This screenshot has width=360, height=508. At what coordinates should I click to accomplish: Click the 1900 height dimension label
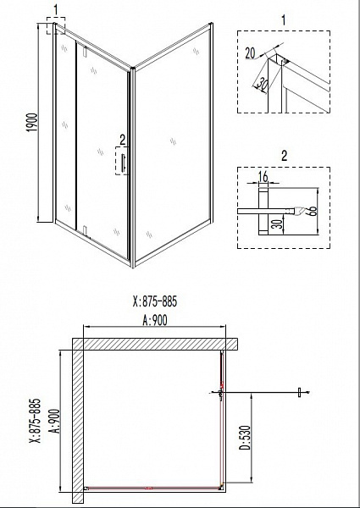[33, 123]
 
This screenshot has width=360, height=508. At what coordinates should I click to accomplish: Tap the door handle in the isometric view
[123, 163]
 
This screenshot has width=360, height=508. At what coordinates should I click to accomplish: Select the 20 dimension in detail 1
[250, 52]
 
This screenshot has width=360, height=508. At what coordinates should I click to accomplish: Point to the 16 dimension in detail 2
[263, 177]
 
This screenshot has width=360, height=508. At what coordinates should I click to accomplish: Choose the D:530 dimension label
[246, 438]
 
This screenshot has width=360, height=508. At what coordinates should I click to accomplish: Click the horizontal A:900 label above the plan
[155, 320]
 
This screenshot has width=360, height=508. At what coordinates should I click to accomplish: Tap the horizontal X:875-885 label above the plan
[155, 301]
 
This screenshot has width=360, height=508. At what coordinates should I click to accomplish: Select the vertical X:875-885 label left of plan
[36, 421]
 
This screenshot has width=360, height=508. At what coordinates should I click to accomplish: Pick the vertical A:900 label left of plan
[55, 421]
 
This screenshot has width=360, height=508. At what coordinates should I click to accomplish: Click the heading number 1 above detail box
[284, 20]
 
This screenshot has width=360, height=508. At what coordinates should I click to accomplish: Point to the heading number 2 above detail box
[284, 156]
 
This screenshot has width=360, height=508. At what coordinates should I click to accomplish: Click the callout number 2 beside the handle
[122, 140]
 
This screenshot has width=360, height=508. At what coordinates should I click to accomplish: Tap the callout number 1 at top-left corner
[56, 10]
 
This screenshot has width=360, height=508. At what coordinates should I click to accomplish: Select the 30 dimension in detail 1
[262, 84]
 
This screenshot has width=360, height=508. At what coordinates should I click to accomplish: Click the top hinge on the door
[86, 51]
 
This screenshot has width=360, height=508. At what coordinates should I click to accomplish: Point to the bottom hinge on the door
[86, 229]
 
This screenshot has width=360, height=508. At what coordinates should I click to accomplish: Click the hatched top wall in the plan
[155, 344]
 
